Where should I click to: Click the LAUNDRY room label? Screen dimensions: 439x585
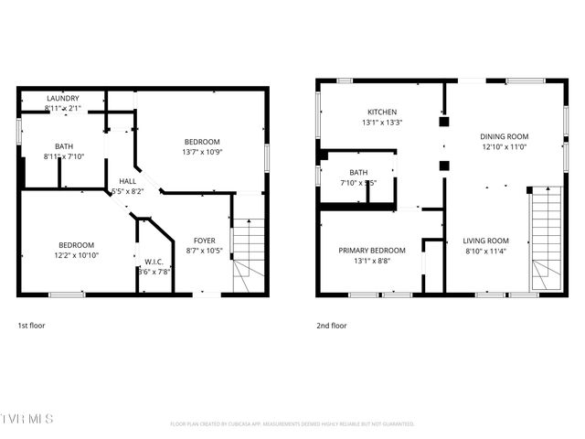pos(63,98)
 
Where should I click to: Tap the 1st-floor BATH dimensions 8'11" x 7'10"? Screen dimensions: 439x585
pos(63,156)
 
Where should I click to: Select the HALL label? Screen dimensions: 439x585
pos(128,181)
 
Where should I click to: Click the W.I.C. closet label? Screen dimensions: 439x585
pos(154,260)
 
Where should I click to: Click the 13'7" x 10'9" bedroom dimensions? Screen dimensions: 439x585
pos(202,152)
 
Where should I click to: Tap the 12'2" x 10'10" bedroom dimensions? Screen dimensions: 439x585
pos(77,255)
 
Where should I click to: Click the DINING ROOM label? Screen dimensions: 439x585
pos(505,136)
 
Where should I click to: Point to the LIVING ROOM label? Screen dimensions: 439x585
pos(486,241)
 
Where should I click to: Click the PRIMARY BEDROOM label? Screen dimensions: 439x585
pos(372,250)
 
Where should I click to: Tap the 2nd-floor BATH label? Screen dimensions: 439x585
pos(357,172)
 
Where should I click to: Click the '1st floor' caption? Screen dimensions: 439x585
pos(31,325)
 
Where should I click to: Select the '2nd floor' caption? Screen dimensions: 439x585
pos(331,325)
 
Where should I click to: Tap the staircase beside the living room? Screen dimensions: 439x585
pos(546,238)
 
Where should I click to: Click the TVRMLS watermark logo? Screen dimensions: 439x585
pos(27,419)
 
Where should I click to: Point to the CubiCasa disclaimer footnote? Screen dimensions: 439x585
pos(292,423)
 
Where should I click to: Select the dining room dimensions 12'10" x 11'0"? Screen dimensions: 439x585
pos(505,146)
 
